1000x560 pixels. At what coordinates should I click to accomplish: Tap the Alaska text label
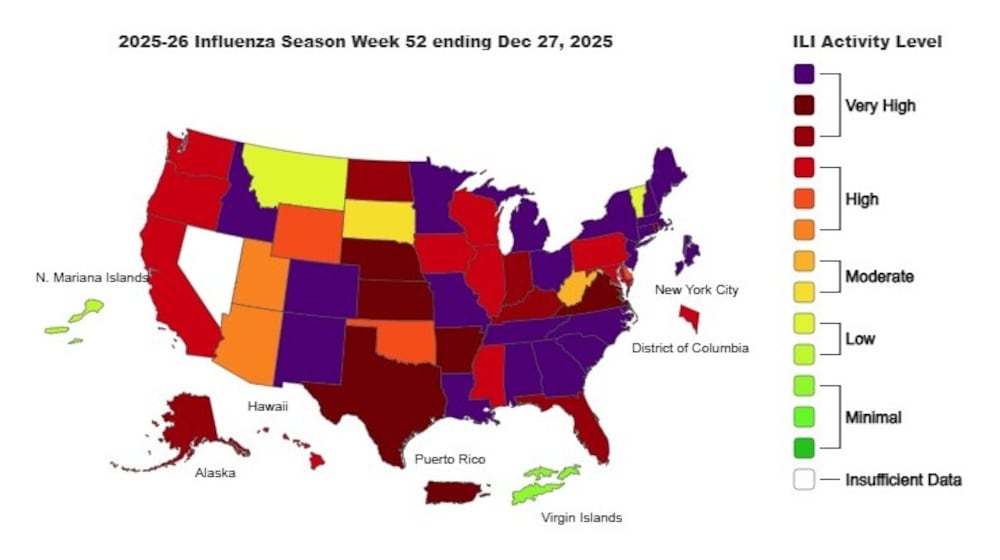215,473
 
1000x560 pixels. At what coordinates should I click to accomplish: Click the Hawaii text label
268,406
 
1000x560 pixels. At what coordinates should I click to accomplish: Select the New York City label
696,290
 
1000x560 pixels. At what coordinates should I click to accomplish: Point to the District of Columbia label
690,348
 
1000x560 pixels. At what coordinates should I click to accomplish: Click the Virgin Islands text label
581,518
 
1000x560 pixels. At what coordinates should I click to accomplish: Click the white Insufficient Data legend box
805,479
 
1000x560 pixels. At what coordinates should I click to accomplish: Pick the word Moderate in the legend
879,276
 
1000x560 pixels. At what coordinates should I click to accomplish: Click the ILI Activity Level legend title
864,42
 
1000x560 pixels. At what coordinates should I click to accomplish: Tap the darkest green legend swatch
805,448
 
